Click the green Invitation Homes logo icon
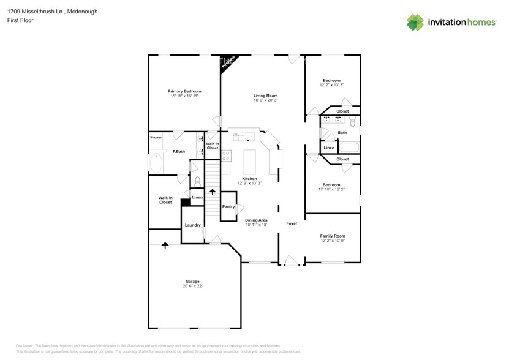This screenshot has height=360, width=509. click(416, 22)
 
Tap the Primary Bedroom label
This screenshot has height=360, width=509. click(184, 91)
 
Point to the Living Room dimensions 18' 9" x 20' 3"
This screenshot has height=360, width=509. click(266, 100)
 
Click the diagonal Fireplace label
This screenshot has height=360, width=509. click(228, 62)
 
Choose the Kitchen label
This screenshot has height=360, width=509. click(249, 178)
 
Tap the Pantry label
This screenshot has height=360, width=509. click(228, 207)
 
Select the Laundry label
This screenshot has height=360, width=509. click(193, 225)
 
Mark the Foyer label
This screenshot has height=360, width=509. click(292, 223)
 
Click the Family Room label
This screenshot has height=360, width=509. click(333, 236)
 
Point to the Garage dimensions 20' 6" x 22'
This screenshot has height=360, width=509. click(192, 286)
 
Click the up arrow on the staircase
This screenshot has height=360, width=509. click(213, 192)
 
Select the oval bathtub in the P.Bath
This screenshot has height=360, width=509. click(157, 163)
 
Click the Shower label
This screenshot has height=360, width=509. click(156, 138)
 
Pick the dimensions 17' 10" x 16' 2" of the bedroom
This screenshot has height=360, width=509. click(332, 190)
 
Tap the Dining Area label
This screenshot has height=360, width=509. click(256, 220)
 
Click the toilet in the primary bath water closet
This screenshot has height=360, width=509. click(197, 181)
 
